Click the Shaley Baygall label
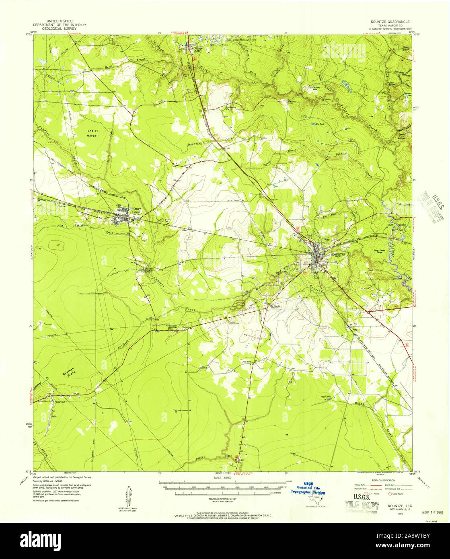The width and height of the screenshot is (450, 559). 93,134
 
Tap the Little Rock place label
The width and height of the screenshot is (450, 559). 246,362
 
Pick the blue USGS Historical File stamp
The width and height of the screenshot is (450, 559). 308,487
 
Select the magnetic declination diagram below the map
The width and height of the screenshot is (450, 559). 129,495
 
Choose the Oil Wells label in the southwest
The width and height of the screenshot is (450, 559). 53,414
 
